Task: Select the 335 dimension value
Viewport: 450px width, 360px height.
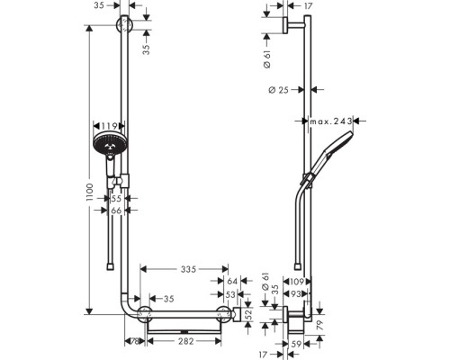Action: [187, 269]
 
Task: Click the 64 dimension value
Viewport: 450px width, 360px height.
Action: [231, 282]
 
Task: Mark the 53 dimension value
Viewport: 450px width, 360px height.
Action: [231, 293]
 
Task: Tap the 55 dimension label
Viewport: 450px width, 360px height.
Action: [116, 198]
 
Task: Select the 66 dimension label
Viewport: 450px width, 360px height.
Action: [116, 211]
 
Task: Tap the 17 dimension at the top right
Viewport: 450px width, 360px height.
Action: [307, 7]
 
